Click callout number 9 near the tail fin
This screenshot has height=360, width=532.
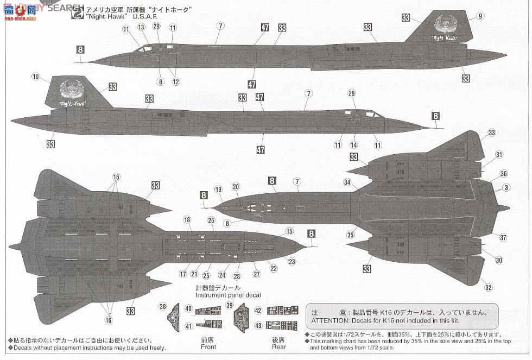pyautogui.click(x=480, y=16)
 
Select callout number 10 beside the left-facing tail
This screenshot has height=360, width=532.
pyautogui.click(x=35, y=77)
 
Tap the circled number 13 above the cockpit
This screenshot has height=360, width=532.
pyautogui.click(x=141, y=27)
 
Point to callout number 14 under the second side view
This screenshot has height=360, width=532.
pyautogui.click(x=354, y=144)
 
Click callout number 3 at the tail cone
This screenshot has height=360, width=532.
pyautogui.click(x=506, y=188)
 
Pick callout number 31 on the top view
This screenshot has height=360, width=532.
pyautogui.click(x=499, y=154)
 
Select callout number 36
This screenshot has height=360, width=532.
pyautogui.click(x=504, y=173)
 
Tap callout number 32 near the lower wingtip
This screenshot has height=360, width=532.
pyautogui.click(x=489, y=288)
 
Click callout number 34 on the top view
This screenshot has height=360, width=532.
pyautogui.click(x=347, y=182)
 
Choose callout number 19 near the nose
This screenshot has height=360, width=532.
pyautogui.click(x=218, y=190)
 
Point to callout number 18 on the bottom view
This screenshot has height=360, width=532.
pyautogui.click(x=187, y=220)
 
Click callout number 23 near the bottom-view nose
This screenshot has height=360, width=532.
pyautogui.click(x=292, y=262)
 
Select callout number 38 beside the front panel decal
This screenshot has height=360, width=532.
pyautogui.click(x=162, y=307)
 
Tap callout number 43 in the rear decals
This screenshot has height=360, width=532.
pyautogui.click(x=258, y=326)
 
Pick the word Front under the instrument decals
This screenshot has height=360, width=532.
pyautogui.click(x=208, y=346)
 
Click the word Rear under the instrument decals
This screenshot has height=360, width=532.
pyautogui.click(x=278, y=346)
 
